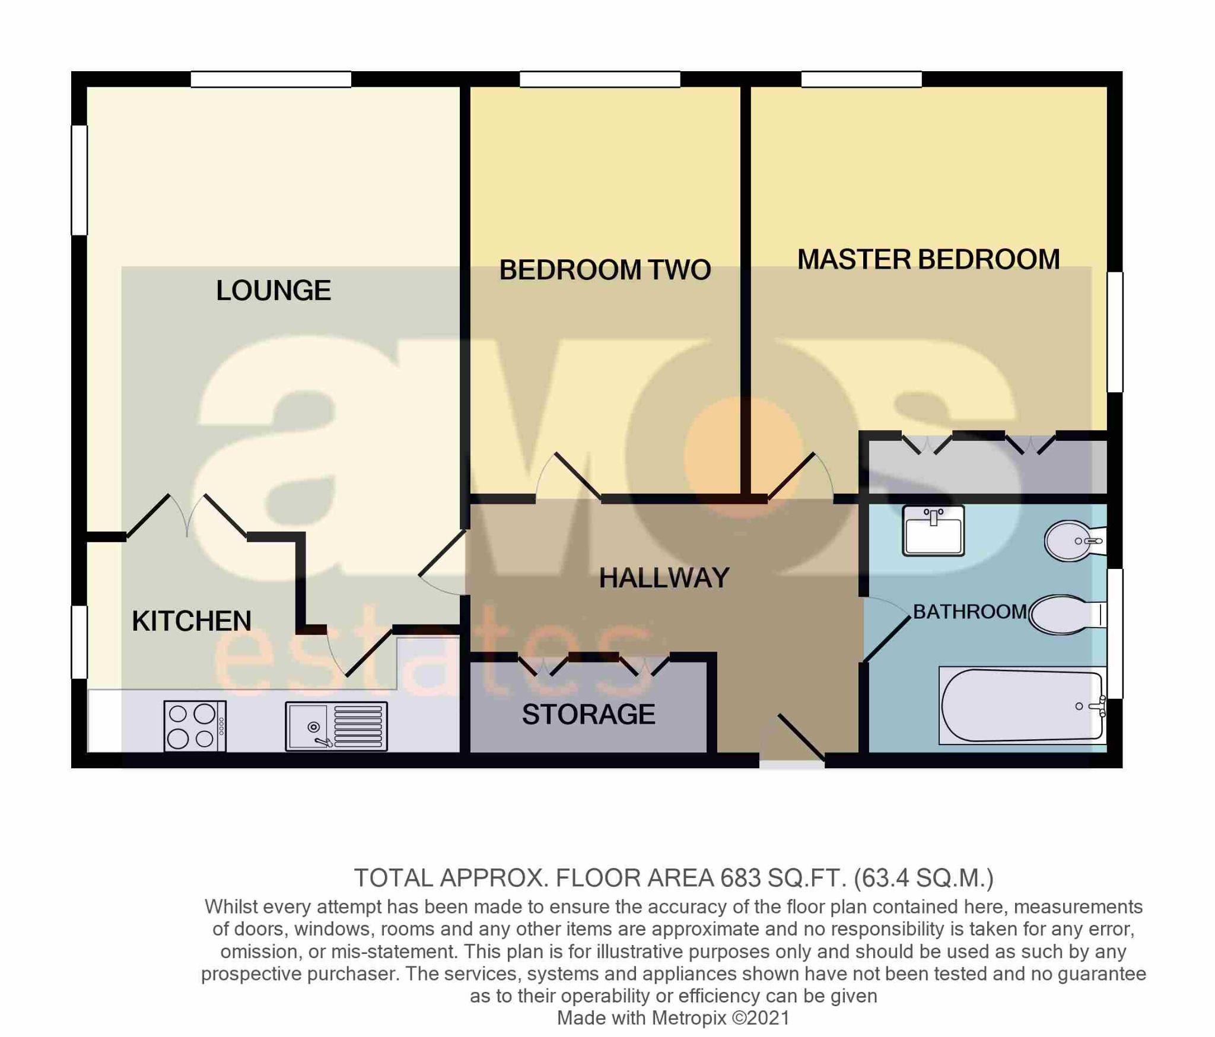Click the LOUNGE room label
coord(273,291)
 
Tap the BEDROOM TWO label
coord(605,270)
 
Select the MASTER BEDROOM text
coord(928,260)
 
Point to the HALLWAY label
coord(664,578)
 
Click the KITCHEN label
coord(192,621)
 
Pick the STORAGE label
coord(589,714)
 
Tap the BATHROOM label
coord(969,612)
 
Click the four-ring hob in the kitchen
coord(195,726)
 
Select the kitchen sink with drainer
coord(336,726)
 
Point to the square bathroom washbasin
coord(933,530)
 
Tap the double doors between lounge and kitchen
coord(187,516)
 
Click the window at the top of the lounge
coord(271,79)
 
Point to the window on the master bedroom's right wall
coord(1115,332)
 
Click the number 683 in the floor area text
coord(740,878)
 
